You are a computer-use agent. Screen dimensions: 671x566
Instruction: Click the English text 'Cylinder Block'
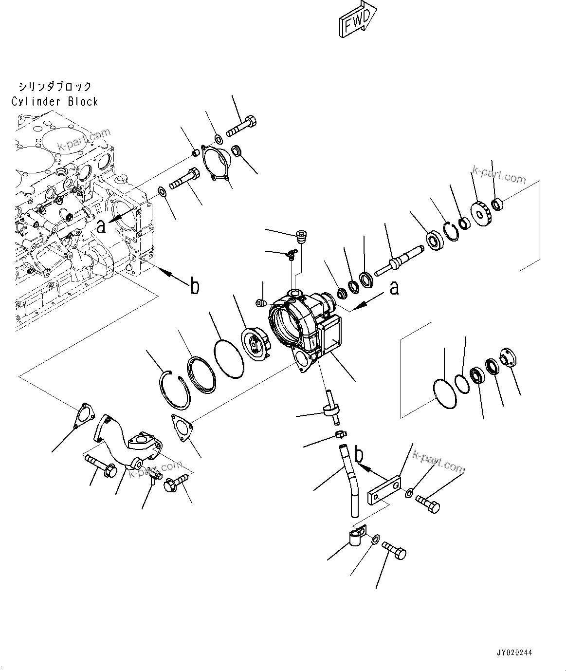[x=55, y=102]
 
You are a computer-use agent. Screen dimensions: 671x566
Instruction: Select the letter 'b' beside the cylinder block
[x=194, y=287]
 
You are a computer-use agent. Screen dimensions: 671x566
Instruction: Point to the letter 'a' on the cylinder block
[x=101, y=226]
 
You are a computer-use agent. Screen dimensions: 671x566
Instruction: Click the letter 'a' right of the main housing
[x=394, y=287]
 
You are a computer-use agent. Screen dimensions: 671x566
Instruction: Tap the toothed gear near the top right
[x=481, y=210]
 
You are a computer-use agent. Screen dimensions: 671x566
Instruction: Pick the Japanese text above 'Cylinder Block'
[x=55, y=87]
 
